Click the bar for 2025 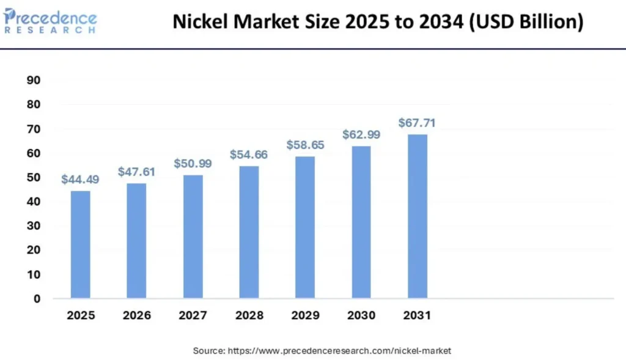80,244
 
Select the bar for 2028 249,232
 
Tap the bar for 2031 418,216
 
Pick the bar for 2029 305,227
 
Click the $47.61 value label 136,172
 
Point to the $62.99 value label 361,134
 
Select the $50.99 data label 193,164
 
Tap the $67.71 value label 417,123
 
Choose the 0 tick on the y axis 37,299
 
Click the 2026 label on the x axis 136,316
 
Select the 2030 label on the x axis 361,316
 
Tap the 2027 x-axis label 193,316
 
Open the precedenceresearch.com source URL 339,351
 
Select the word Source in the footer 208,351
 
